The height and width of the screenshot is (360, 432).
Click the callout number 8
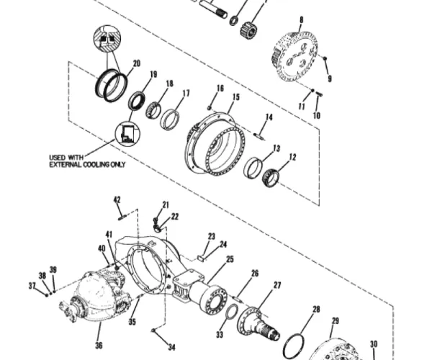301,19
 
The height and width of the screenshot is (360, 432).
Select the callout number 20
136,63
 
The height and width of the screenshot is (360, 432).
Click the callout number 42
117,199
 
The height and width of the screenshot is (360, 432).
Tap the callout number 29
335,321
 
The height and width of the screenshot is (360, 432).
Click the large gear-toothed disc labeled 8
297,55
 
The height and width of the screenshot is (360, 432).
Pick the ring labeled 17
171,119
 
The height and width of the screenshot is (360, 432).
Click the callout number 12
292,156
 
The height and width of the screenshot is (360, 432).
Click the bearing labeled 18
153,110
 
